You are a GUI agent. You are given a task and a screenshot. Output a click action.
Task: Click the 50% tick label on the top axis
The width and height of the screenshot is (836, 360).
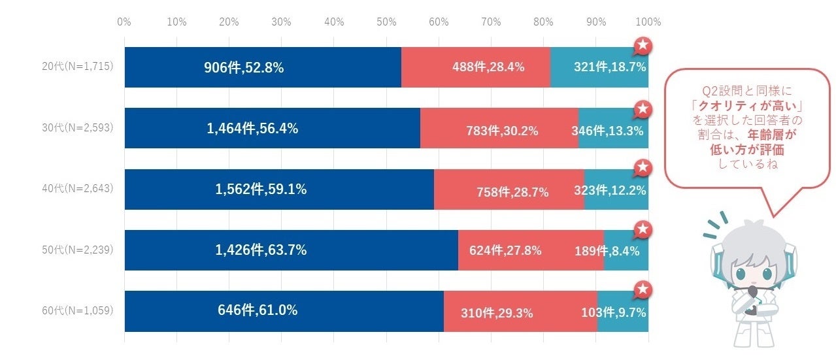click(386, 22)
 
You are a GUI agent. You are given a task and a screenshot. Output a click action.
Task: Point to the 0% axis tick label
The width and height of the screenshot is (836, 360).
click(124, 22)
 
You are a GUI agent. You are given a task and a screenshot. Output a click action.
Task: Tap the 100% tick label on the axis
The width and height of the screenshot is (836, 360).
click(648, 22)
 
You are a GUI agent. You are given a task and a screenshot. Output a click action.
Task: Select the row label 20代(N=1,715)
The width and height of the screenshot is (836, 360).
click(77, 67)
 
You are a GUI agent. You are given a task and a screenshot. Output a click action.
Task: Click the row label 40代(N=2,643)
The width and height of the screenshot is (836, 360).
click(77, 189)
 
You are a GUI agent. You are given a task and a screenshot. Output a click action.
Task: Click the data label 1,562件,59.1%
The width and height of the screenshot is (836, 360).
click(261, 189)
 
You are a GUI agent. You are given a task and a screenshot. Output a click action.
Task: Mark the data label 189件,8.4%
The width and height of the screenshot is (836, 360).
click(607, 251)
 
